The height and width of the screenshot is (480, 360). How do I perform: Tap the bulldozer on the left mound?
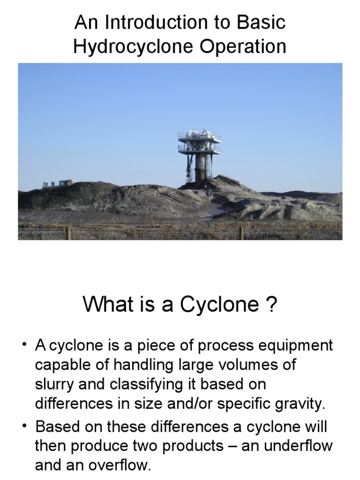[59, 183]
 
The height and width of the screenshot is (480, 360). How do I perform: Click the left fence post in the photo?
[69, 233]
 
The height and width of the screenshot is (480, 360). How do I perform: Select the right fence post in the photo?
[241, 233]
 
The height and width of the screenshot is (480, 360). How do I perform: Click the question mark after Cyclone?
[271, 305]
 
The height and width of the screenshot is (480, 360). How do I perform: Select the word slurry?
[53, 384]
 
